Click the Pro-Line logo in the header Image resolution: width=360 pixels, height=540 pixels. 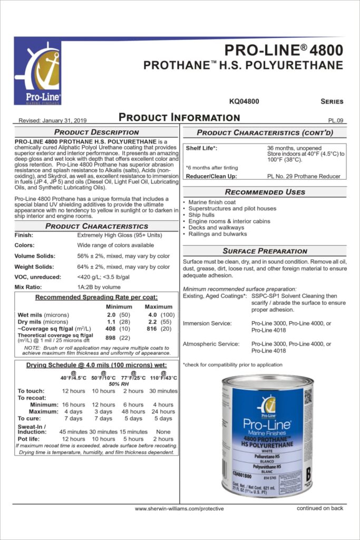pos(37,73)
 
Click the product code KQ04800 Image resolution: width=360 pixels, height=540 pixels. pos(244,101)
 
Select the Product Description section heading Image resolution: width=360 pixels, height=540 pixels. pos(96,132)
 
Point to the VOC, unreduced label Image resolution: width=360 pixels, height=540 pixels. pos(38,277)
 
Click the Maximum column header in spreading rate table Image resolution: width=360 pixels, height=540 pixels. pos(158,306)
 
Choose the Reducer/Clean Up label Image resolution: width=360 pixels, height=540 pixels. pos(211,176)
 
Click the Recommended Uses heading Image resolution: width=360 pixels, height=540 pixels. pos(265,192)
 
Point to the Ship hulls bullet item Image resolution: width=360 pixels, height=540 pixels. pos(202,215)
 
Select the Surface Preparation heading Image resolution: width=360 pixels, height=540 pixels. pos(265,251)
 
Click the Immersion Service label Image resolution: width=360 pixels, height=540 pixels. pos(207,323)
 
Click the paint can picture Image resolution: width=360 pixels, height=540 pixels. pos(267,436)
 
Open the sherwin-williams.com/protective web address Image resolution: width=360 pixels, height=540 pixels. pos(179,509)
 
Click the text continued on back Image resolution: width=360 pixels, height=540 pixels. pos(320,508)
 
